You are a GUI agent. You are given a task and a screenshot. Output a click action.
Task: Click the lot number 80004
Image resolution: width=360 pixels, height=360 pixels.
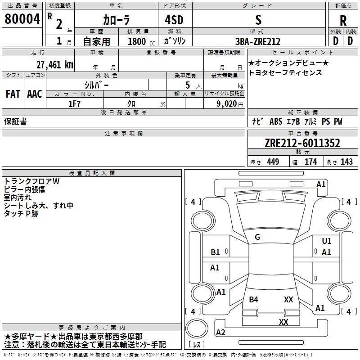pos(22,19)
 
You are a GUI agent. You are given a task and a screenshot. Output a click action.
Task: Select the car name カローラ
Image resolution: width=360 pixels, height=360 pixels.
pos(116,20)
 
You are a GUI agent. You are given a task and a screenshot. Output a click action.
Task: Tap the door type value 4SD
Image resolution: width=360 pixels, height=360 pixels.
pos(174,20)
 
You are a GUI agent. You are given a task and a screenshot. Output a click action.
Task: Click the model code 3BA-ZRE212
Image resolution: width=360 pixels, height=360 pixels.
pos(258,41)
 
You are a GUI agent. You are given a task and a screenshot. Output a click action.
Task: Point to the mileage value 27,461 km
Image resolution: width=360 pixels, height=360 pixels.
pos(55,65)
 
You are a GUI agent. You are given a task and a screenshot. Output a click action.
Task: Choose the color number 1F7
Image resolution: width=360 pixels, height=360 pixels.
pos(74,104)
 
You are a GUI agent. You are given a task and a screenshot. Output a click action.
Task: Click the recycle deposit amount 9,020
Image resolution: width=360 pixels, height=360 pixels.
pos(227,104)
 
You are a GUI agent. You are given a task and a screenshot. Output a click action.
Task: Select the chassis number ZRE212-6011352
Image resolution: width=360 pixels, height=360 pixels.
pos(302,143)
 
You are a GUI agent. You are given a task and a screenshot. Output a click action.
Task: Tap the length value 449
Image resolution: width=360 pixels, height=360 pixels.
pos(273,162)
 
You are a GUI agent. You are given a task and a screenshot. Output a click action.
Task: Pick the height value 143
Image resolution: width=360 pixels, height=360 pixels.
pos(346,162)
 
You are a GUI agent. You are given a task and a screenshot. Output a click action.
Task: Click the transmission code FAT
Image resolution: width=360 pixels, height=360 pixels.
pos(13,94)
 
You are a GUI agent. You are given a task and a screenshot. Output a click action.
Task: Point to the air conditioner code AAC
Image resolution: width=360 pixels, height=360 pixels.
pos(35,94)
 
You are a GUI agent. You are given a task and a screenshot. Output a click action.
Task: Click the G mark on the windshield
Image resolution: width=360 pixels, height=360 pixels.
pos(257,237)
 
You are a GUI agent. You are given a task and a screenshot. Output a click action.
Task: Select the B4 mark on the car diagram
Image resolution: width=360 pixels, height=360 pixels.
pos(253,300)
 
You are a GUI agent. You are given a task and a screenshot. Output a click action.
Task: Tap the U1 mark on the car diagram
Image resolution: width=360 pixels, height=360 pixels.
pos(327,241)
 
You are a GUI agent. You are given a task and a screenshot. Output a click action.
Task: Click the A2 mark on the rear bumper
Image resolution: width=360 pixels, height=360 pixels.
pos(220,333)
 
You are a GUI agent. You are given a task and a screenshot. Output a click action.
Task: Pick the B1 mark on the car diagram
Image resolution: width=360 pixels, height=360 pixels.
pos(215,252)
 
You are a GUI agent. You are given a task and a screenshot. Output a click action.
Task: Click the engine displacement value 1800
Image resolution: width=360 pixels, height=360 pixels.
pos(137,41)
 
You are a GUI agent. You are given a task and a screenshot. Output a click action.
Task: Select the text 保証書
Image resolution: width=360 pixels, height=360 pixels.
pos(15,121)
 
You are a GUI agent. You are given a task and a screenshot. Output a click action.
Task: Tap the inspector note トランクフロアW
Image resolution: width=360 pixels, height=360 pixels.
pos(31,181)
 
